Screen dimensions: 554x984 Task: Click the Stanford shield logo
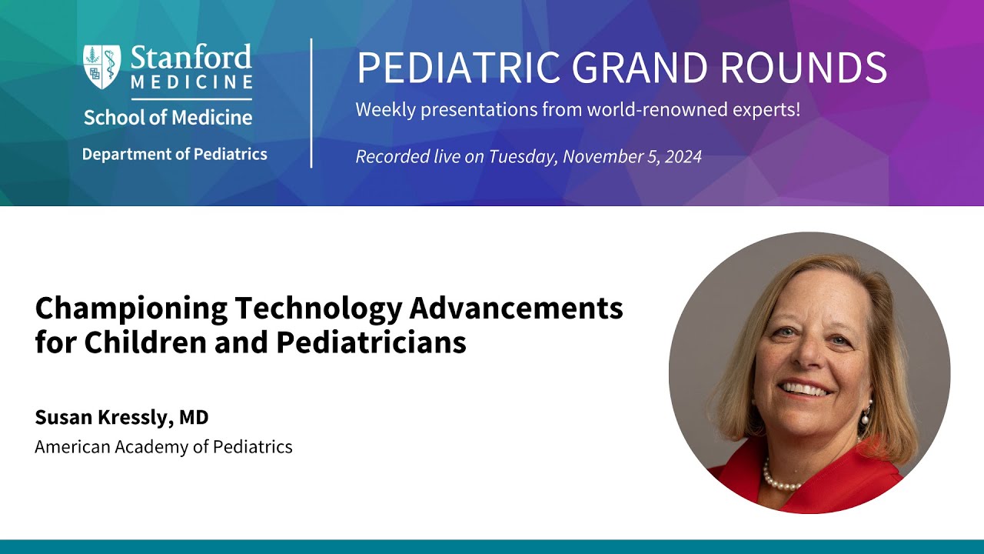click(x=102, y=67)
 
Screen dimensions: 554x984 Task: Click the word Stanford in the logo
click(x=191, y=58)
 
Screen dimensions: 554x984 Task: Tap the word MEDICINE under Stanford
click(x=191, y=82)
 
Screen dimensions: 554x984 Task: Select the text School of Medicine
click(x=168, y=118)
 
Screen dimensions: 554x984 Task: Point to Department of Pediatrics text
click(x=175, y=154)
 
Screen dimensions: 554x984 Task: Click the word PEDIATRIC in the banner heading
click(x=458, y=68)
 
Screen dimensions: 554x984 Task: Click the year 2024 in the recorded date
click(x=683, y=157)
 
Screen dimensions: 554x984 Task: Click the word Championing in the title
click(x=131, y=309)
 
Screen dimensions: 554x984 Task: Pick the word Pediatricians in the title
click(x=371, y=342)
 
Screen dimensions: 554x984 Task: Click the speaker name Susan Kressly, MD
click(x=121, y=417)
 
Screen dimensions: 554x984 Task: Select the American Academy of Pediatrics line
click(x=163, y=446)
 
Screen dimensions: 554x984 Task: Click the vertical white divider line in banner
click(x=311, y=103)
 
